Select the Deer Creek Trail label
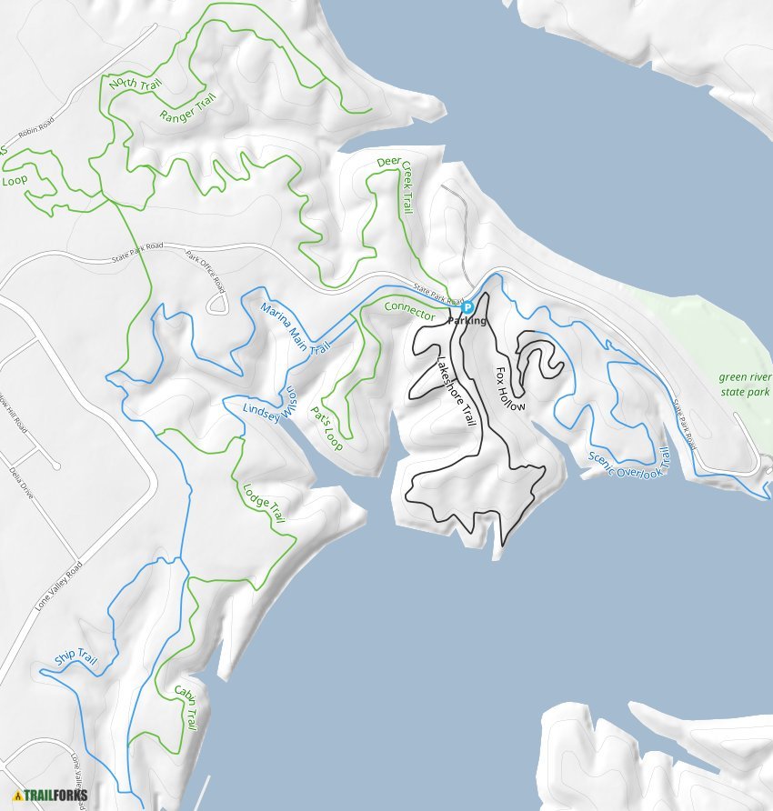point(395,185)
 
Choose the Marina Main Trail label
point(294,329)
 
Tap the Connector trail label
point(409,308)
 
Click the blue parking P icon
point(467,308)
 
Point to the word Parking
point(467,321)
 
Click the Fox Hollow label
point(510,389)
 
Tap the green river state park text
point(744,384)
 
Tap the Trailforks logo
point(51,796)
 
